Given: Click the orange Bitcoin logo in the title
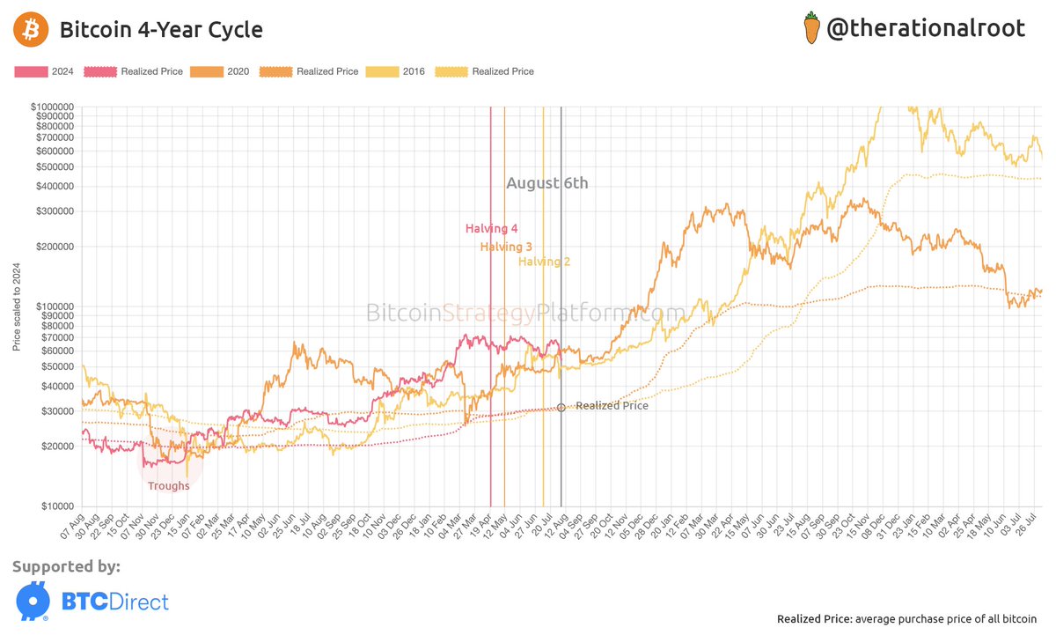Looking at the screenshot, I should (x=30, y=30).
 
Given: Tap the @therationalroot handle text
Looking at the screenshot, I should (x=925, y=28).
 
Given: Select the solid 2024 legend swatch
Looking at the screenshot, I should (x=32, y=71).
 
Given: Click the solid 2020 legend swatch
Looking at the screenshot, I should (x=207, y=71).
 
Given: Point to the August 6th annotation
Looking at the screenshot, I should (x=546, y=183).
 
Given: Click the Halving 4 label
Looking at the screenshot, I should (x=491, y=229).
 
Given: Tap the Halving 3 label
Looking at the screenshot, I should (x=506, y=247).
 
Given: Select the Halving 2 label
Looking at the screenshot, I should (x=544, y=261).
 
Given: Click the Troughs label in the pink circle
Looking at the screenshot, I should (x=168, y=486).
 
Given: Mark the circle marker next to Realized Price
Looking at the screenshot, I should (x=561, y=407).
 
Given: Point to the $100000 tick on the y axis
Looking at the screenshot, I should (x=55, y=306).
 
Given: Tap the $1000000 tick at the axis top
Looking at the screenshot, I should (x=53, y=107).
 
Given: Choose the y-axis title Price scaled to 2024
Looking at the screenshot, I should (x=17, y=306).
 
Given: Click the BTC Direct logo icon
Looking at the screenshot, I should (x=32, y=601).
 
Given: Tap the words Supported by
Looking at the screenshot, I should (x=67, y=566).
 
